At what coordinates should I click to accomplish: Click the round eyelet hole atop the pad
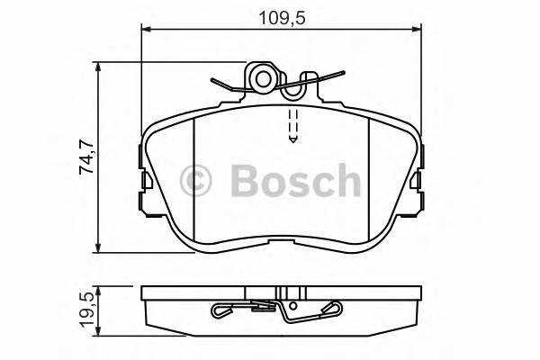click(x=263, y=78)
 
